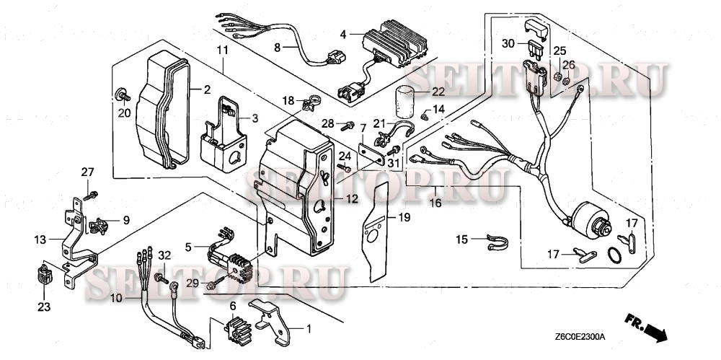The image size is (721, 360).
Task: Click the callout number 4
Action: tap(343, 34)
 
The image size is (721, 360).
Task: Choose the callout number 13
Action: tap(38, 239)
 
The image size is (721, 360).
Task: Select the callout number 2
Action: tap(206, 90)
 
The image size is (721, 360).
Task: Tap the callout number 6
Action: tap(233, 307)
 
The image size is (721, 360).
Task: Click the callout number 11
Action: tap(222, 49)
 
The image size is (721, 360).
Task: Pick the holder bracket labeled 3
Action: tap(226, 137)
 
